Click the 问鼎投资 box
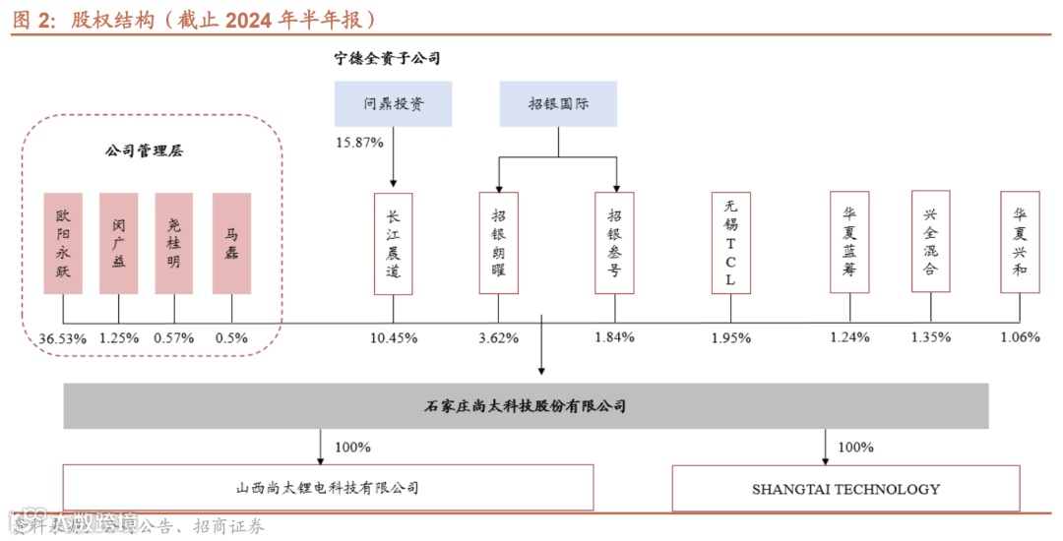393,103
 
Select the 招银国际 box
558,103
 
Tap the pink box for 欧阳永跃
63,243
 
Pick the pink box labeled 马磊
231,243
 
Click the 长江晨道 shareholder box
393,243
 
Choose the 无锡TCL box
730,243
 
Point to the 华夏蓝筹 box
848,243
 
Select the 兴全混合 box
930,243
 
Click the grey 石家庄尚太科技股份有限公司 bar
527,405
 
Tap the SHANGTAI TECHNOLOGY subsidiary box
845,488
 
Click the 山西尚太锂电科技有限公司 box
328,487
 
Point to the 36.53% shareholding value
62,337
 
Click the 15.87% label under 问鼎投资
359,143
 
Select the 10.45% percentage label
393,337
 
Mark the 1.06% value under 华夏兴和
1019,337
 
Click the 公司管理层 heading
144,151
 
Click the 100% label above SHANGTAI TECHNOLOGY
854,448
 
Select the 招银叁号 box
614,243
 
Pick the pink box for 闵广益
119,243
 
